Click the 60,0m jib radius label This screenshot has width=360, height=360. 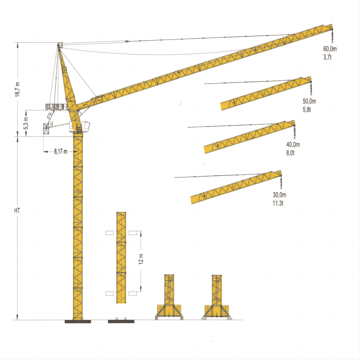tap(330, 49)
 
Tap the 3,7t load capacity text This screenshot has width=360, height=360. tap(328, 57)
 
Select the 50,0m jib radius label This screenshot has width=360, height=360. tap(309, 101)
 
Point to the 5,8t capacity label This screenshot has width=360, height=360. tap(307, 109)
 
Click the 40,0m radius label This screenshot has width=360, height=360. tap(293, 144)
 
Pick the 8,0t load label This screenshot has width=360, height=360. tap(290, 153)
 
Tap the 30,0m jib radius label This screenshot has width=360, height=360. tap(279, 195)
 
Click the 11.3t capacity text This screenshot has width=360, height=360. tap(278, 203)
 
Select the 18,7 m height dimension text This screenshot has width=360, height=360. tap(18, 89)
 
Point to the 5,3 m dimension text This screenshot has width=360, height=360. tap(26, 123)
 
